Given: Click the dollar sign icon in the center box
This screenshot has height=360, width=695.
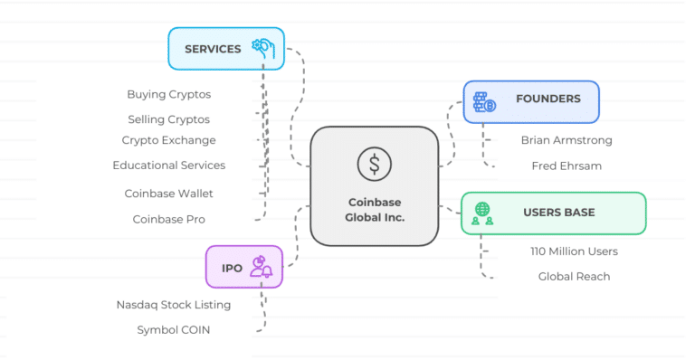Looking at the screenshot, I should tap(374, 164).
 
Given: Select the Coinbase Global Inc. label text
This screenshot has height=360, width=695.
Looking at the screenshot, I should tap(374, 210).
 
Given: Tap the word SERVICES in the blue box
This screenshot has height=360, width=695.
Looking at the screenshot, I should tap(213, 49).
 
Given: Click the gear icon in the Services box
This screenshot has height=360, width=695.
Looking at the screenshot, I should tap(263, 48).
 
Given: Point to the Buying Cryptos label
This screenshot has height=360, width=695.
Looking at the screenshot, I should tap(168, 94).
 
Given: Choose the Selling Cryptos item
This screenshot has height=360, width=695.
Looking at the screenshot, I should tap(168, 119).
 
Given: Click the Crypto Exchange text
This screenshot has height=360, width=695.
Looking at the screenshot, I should tap(168, 140).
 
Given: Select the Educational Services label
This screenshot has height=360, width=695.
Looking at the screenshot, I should tap(168, 166).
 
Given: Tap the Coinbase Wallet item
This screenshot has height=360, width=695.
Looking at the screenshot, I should tap(168, 194).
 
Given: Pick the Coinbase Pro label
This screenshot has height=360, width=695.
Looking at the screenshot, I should tap(168, 219).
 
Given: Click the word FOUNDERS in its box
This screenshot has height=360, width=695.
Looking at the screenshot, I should tap(548, 99).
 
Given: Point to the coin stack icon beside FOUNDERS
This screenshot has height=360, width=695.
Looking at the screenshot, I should tap(484, 101).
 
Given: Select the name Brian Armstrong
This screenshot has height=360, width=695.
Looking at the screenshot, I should tap(566, 140).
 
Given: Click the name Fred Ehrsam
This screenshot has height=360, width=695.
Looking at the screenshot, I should tap(566, 166).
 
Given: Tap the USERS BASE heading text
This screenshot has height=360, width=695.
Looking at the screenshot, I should tap(558, 213).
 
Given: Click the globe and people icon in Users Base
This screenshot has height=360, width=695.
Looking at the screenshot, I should tap(482, 213).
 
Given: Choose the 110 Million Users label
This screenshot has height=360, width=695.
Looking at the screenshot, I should tap(574, 251).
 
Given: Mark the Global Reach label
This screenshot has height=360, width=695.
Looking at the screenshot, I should tap(574, 276).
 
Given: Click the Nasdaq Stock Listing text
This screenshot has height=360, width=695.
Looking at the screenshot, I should tap(173, 305).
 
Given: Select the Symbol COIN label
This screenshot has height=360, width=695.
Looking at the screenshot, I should tap(173, 330).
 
